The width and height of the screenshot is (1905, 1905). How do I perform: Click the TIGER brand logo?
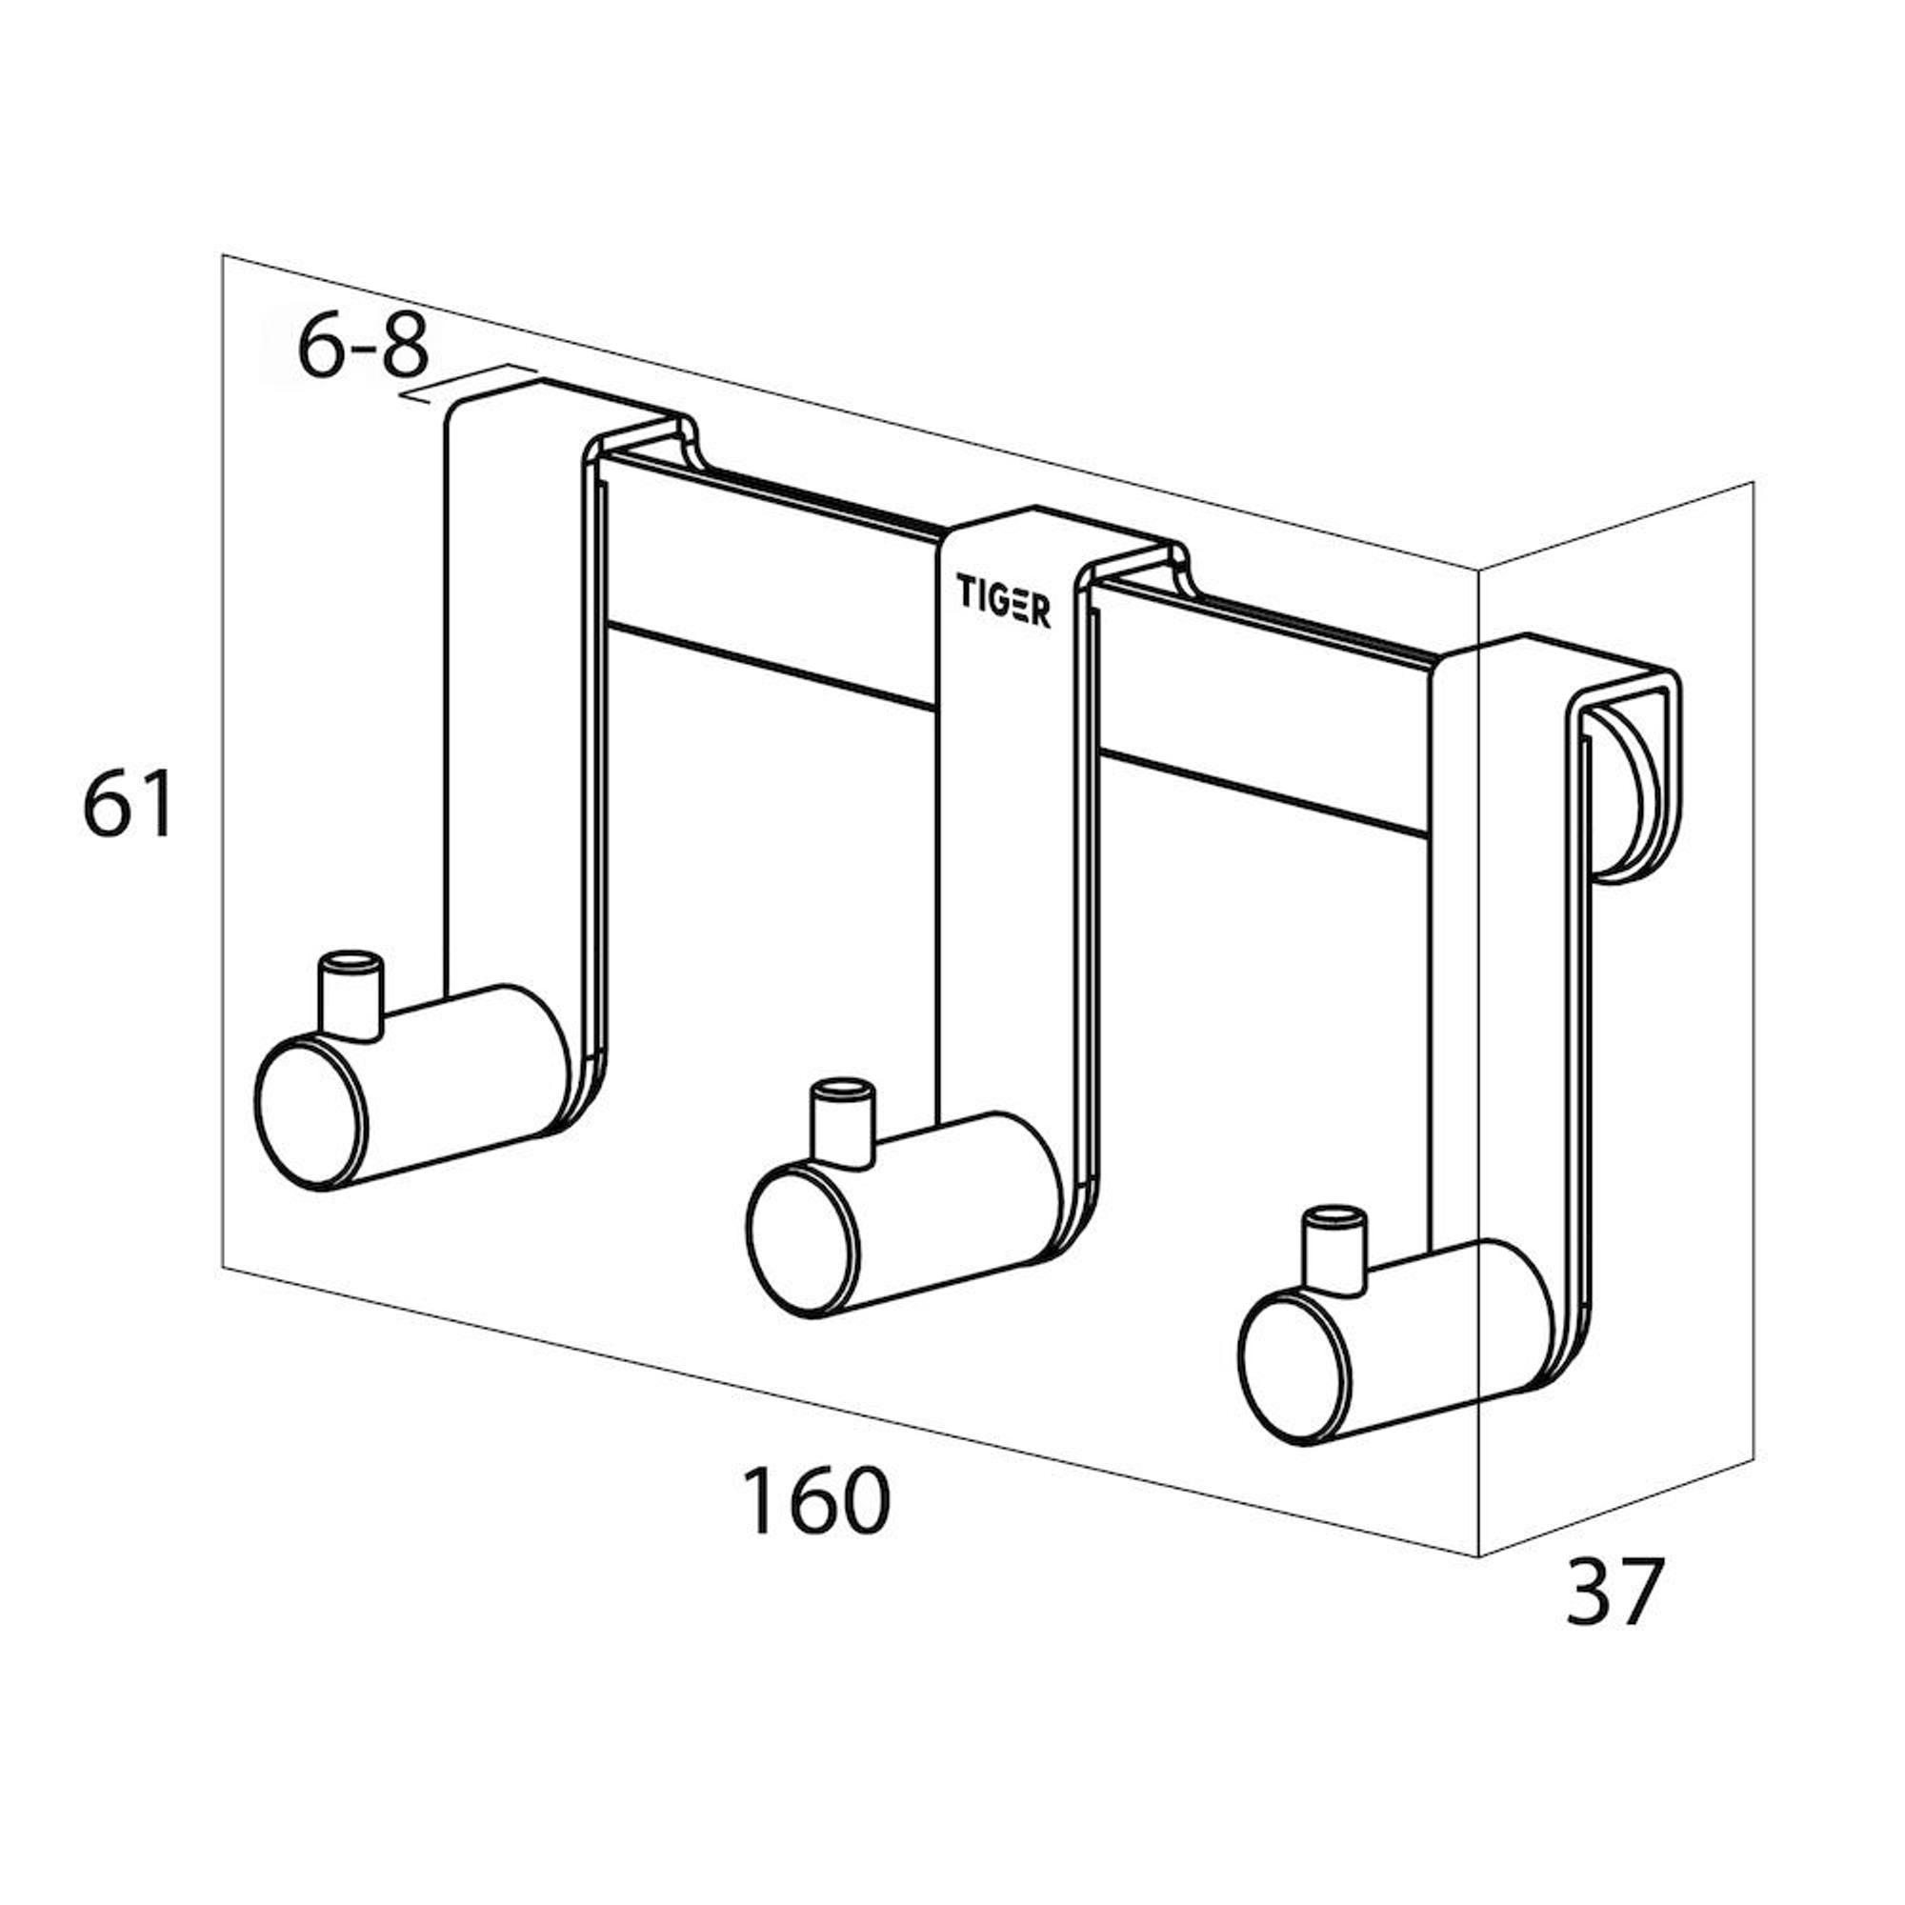[x=1003, y=600]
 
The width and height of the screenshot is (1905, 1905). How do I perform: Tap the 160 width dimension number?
[x=815, y=1501]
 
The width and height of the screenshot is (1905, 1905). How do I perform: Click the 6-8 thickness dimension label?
[x=363, y=347]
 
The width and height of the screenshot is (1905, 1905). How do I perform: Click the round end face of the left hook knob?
[x=311, y=1112]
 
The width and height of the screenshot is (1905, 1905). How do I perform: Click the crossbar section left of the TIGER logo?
[x=769, y=582]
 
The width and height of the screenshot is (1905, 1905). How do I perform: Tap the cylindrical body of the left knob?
[x=464, y=1074]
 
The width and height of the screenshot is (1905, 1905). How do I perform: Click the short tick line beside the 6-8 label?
[x=469, y=385]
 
